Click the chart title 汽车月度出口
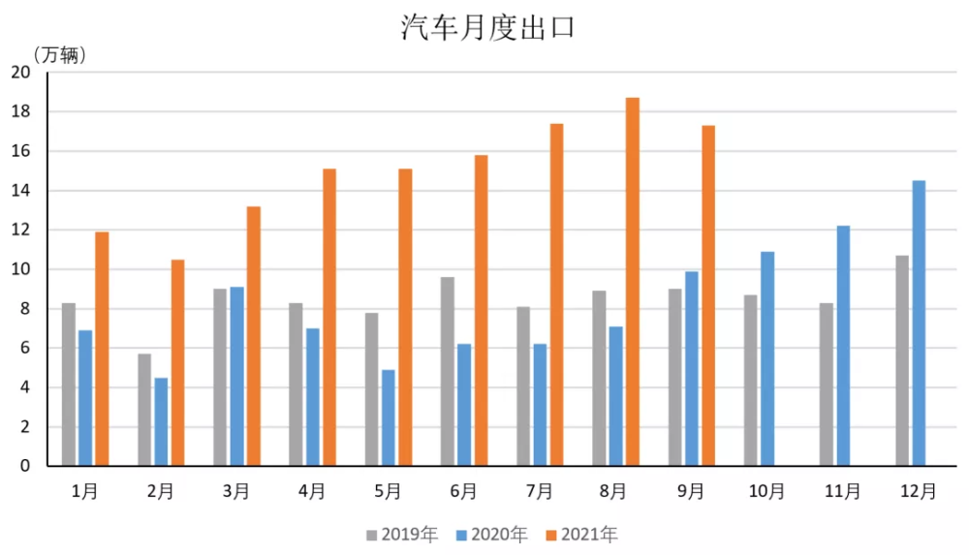[488, 28]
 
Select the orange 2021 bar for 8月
[633, 281]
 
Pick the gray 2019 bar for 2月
[144, 410]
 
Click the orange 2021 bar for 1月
[102, 349]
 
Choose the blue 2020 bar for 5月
[389, 417]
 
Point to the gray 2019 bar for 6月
[448, 371]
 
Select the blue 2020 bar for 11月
[843, 346]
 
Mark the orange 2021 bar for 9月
[708, 295]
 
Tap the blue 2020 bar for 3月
[237, 376]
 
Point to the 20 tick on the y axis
[20, 72]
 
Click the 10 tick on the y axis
[20, 269]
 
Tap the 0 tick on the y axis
[25, 466]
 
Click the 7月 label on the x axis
[540, 491]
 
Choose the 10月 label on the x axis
[766, 491]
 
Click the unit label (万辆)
[60, 54]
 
